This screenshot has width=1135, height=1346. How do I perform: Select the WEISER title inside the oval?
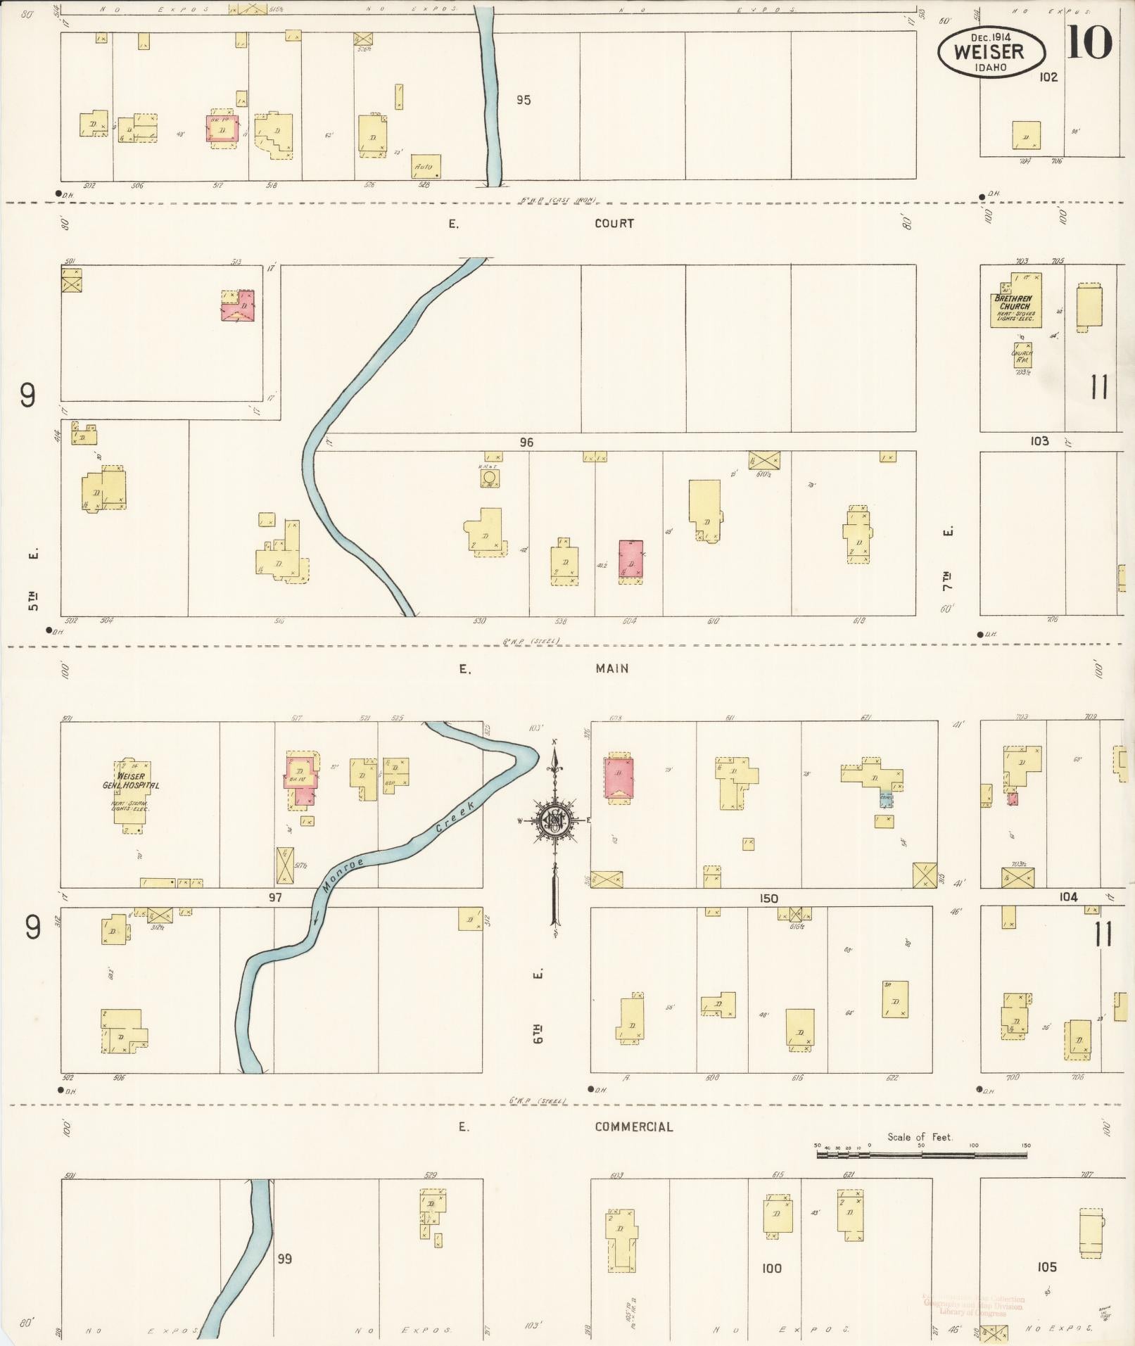coord(989,51)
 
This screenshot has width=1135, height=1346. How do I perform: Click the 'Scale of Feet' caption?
coord(920,1136)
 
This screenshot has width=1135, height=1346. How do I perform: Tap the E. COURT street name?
coord(614,224)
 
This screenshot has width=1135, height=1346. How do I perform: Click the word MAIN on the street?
coord(611,668)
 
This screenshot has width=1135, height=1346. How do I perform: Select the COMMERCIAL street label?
coord(633,1126)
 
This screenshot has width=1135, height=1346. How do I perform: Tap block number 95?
coord(523,100)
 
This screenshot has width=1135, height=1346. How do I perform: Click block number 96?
coord(526,443)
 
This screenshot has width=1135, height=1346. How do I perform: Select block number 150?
coord(768,899)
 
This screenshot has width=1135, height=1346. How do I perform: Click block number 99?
coord(284,1259)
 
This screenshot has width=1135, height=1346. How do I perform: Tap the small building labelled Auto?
coord(426,166)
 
